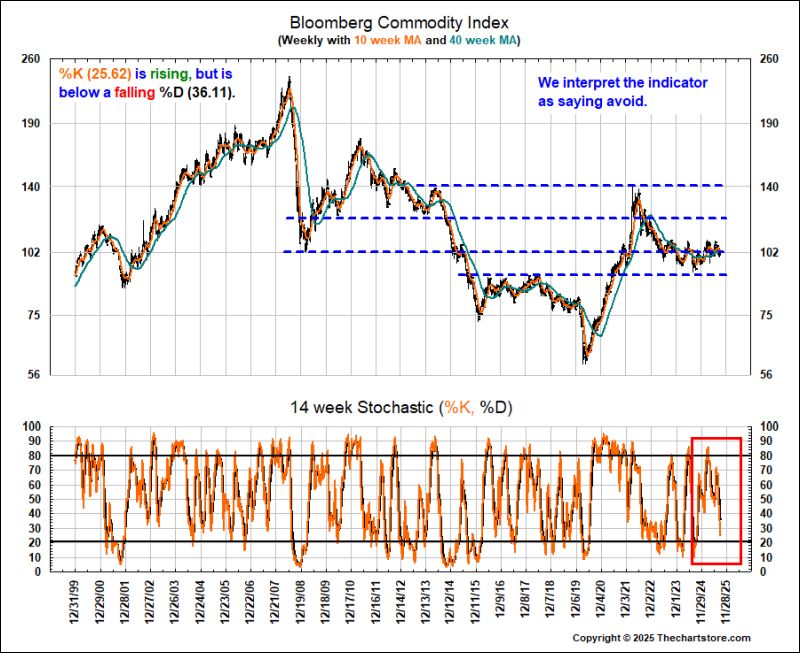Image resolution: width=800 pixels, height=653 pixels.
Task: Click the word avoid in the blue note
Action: coord(626,101)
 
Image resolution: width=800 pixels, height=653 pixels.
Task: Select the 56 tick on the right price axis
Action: coord(769,376)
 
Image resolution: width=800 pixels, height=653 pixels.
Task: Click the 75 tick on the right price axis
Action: coord(769,316)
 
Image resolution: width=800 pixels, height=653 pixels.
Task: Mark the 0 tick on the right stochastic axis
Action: coord(764,572)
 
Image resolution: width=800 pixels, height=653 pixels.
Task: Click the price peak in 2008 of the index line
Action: coord(290,80)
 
